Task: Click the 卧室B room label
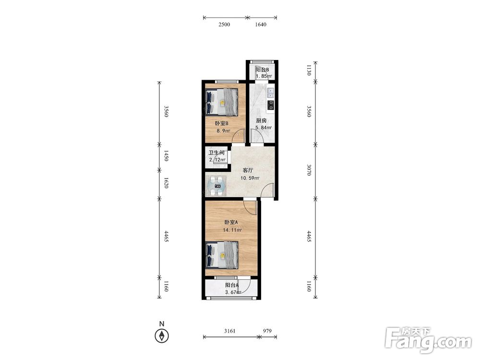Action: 222,124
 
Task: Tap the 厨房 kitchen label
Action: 261,120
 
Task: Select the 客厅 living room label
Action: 248,170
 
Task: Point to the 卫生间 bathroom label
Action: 217,153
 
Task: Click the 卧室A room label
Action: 231,222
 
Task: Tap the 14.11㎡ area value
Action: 233,230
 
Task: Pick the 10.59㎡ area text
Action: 250,178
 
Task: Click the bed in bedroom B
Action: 222,102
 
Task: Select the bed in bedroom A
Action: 222,255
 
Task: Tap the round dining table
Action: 217,185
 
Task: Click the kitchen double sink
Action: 271,93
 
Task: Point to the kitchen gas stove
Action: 271,105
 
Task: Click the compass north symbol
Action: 162,336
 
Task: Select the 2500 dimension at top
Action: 224,24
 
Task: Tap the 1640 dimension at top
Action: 261,24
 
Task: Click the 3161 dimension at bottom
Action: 230,331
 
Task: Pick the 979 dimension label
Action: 267,331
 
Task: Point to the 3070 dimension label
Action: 309,170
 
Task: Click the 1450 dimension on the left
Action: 166,156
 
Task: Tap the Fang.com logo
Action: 429,340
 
